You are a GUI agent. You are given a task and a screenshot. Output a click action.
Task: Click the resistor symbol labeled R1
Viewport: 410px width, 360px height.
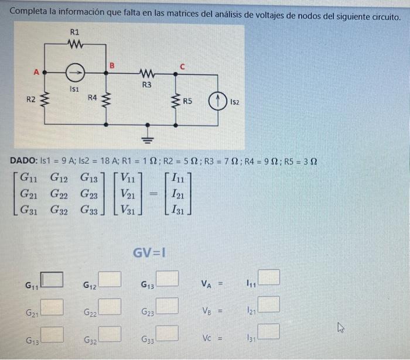(76, 44)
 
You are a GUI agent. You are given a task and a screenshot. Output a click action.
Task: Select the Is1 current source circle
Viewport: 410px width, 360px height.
(74, 73)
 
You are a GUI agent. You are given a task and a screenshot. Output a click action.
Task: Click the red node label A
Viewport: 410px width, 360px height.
(36, 73)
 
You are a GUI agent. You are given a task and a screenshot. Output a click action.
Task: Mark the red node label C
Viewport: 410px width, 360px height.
(182, 67)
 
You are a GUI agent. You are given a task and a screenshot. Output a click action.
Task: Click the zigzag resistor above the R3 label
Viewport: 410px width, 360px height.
(147, 74)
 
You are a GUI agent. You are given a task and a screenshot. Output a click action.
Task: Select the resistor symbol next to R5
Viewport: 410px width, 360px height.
(176, 100)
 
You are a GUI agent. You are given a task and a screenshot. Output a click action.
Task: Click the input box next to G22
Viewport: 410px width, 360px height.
(110, 306)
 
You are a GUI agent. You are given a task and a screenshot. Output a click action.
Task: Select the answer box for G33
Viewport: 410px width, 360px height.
(167, 333)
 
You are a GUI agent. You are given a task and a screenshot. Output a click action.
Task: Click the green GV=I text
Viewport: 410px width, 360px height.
(149, 253)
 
